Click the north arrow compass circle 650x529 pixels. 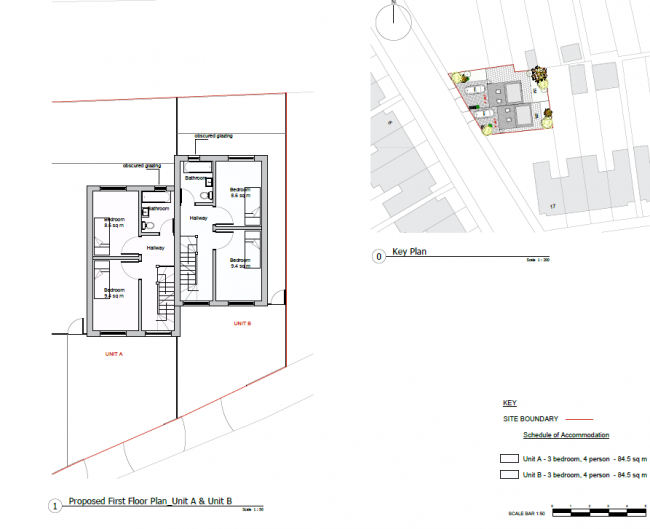click(395, 22)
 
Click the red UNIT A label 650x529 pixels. click(113, 354)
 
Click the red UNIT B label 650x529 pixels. click(241, 323)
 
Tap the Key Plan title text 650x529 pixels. click(409, 253)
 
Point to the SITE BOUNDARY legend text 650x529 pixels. click(530, 419)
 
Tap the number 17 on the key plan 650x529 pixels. click(551, 206)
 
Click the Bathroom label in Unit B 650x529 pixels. click(195, 178)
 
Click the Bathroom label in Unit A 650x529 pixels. click(156, 208)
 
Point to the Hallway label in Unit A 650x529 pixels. click(155, 248)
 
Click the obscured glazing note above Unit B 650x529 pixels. click(213, 135)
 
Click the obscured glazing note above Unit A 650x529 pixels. click(141, 165)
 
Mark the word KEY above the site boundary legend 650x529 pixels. click(509, 403)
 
